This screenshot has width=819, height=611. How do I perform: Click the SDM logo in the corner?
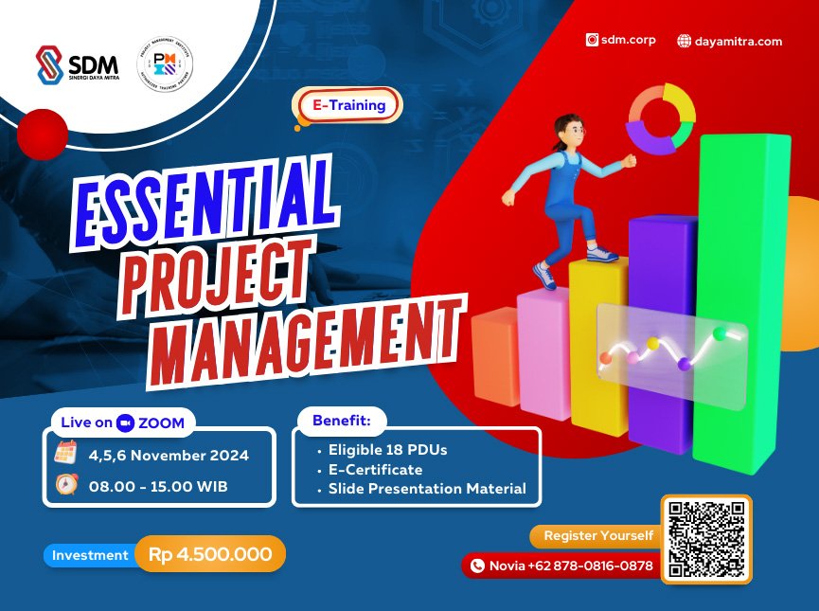click(x=77, y=66)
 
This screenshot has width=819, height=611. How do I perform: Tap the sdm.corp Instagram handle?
click(x=620, y=40)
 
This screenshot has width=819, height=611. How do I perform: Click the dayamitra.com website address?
click(x=729, y=41)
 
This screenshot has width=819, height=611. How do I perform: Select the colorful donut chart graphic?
click(x=662, y=118)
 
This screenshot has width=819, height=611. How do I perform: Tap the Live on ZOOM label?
click(x=124, y=422)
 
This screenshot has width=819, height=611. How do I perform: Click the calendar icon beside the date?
click(x=65, y=454)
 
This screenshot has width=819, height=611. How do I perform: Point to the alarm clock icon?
click(x=65, y=486)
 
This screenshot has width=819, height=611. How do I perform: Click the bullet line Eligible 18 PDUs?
click(x=387, y=450)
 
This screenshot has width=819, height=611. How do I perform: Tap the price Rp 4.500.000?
click(x=210, y=555)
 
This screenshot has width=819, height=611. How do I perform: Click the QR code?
click(x=706, y=539)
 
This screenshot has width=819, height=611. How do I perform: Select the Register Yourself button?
click(x=597, y=536)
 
